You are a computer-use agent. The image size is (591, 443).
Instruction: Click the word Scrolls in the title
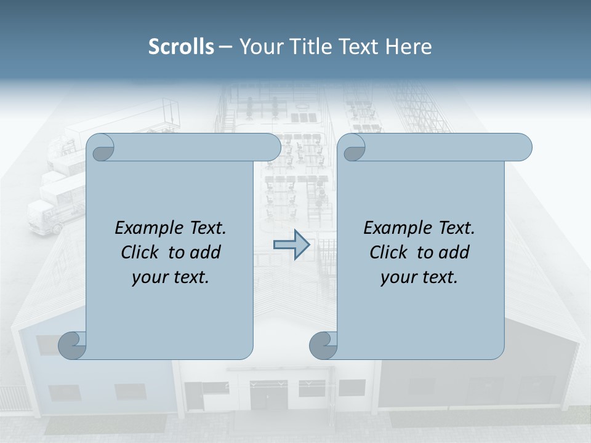181,47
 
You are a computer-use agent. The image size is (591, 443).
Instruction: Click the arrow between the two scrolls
291,245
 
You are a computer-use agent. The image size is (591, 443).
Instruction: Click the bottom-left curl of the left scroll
73,345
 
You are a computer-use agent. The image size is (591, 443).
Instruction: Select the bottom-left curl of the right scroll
323,345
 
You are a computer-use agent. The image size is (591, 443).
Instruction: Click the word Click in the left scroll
142,252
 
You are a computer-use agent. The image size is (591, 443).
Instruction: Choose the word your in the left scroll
150,277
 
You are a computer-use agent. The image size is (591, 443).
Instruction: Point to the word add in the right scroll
454,252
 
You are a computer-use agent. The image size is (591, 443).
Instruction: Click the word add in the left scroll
205,252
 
